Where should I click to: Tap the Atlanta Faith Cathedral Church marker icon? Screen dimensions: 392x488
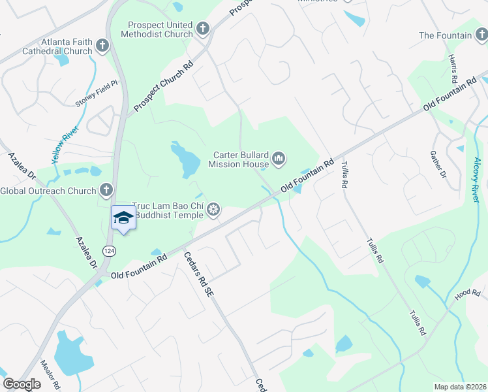[102, 45]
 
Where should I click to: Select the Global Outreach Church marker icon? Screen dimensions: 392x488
[106, 191]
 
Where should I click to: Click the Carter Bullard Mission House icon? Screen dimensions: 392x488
[279, 158]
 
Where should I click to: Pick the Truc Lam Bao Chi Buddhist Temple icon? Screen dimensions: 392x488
[213, 210]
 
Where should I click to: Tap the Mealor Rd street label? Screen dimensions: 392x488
[50, 374]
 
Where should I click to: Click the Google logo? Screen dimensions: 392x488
[22, 384]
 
